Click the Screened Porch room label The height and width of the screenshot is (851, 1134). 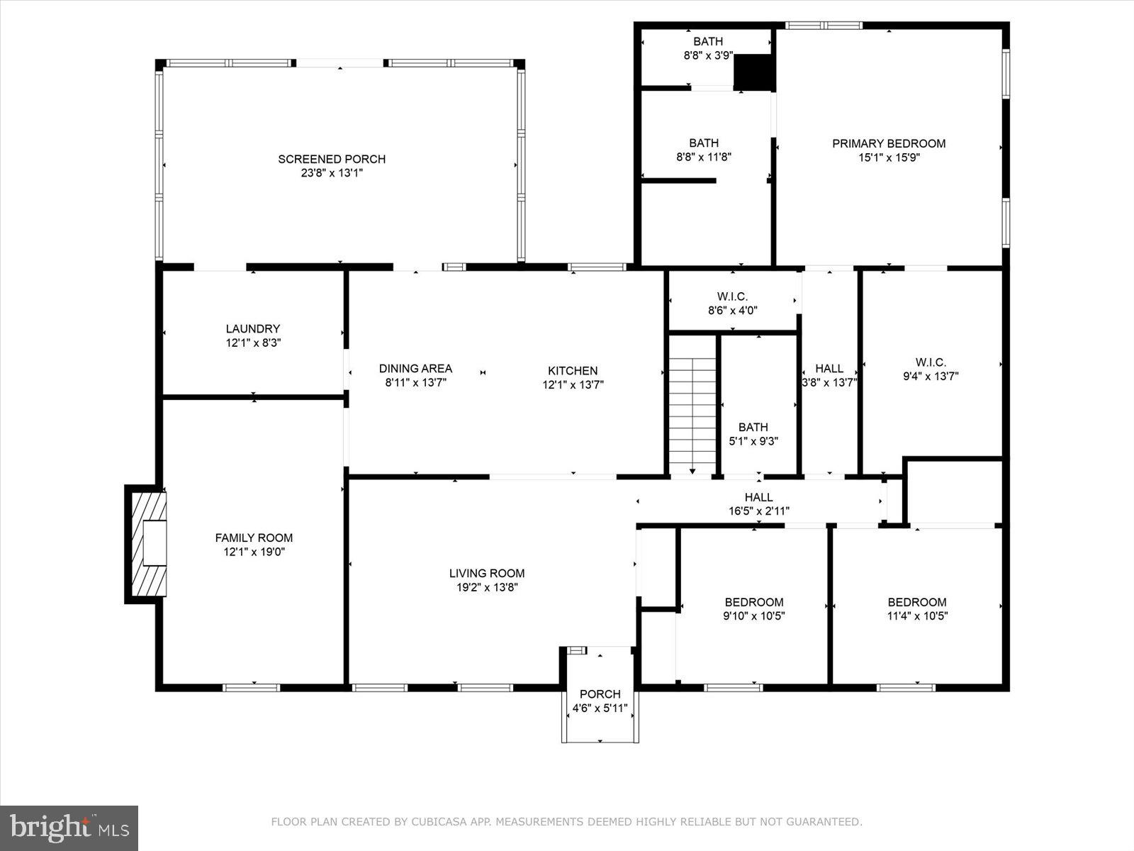332,159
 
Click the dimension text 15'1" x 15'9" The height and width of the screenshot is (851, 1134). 889,157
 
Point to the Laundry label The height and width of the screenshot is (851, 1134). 253,328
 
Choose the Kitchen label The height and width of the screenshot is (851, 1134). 573,370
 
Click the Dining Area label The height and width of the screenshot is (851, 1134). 415,368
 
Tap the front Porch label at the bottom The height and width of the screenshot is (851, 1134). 600,694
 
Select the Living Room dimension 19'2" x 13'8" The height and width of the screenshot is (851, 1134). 487,587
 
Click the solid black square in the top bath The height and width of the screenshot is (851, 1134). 753,73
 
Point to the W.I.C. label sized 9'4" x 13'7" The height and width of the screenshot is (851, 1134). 931,362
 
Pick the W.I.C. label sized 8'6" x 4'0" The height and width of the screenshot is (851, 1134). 732,296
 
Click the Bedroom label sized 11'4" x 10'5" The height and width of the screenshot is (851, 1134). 917,602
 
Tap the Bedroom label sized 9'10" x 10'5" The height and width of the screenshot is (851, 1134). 753,602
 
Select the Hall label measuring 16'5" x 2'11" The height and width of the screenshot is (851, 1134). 758,497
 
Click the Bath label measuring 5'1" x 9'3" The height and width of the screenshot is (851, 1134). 753,427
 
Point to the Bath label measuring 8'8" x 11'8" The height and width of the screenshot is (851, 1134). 703,143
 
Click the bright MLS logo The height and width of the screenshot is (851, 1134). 69,828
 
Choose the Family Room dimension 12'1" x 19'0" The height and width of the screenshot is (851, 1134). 254,552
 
